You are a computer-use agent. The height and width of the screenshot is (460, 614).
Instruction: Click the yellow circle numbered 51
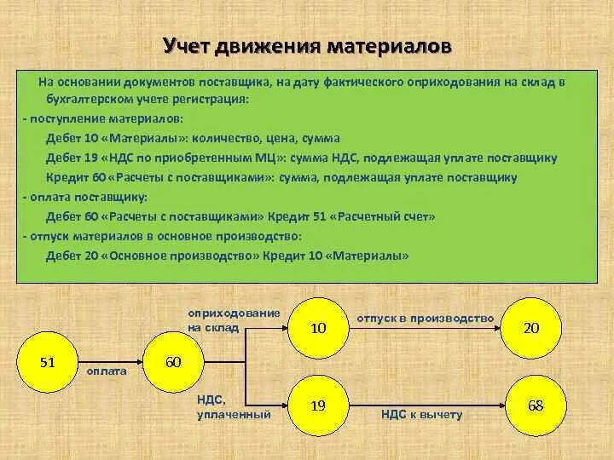pos(48,363)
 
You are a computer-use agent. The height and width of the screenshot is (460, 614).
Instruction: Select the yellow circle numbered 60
pos(172,363)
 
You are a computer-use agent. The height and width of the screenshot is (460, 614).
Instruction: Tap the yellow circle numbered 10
pos(318,327)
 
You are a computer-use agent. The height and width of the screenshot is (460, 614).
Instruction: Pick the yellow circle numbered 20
pos(530,327)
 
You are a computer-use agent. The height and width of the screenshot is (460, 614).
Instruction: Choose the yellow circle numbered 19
pos(318,405)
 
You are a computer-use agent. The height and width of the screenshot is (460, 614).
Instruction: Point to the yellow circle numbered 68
pos(535,405)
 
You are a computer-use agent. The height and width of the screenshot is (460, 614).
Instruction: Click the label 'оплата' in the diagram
pos(107,371)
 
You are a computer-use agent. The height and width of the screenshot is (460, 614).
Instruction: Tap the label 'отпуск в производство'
pos(425,319)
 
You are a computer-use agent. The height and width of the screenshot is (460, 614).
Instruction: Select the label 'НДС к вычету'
pos(421,415)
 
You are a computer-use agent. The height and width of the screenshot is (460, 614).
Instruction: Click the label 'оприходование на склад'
pos(234,319)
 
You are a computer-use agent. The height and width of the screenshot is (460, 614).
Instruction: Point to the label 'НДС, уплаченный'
pos(234,406)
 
